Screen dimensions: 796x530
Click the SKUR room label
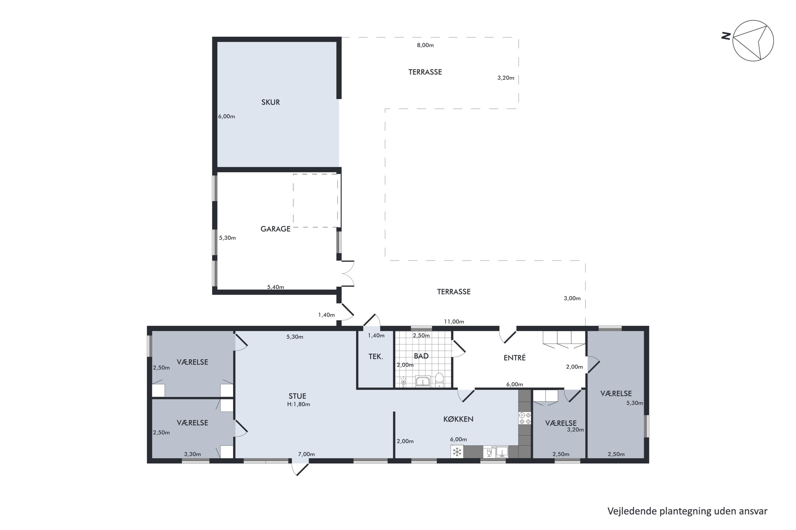coord(270,102)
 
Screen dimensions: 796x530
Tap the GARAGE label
coord(275,229)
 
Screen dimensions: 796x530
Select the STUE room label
coord(297,396)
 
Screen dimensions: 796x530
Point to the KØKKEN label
coord(458,419)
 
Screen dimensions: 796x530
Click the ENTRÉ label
coord(514,357)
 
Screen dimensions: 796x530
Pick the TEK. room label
coord(376,356)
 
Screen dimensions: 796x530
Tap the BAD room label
coord(421,356)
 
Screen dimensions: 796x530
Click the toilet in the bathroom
coord(439,380)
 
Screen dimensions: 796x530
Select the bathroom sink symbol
coord(423,381)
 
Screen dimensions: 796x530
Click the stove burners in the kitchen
coord(525,418)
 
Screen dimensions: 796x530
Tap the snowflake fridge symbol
coord(457,452)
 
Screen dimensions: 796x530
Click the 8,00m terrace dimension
coord(425,45)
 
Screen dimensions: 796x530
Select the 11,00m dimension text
coord(454,321)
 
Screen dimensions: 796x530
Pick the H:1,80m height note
coord(298,404)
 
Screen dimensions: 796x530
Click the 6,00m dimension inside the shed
coord(226,116)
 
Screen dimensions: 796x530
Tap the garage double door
coord(348,274)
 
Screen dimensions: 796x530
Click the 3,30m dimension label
coord(192,454)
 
